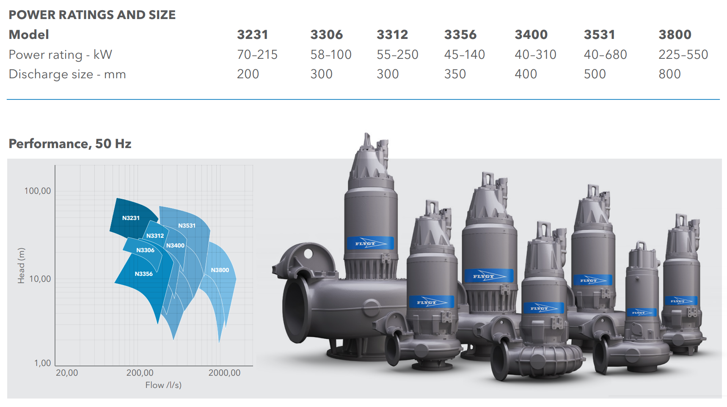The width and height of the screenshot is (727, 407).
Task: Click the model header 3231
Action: [x=252, y=35]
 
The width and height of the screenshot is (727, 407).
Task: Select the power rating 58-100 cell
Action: [x=331, y=55]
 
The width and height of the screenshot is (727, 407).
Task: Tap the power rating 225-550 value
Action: [x=683, y=55]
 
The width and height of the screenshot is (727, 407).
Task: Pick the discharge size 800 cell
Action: [x=669, y=74]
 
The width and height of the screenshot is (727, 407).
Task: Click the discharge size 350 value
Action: [x=455, y=74]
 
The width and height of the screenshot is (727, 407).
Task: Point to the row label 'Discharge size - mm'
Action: [x=67, y=74]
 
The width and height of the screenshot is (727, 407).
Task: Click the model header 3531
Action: [x=599, y=35]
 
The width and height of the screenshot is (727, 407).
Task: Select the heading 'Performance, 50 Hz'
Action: [x=70, y=144]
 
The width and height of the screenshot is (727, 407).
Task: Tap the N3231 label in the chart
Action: [x=131, y=218]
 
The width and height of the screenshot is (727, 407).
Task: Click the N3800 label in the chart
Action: [x=220, y=270]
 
